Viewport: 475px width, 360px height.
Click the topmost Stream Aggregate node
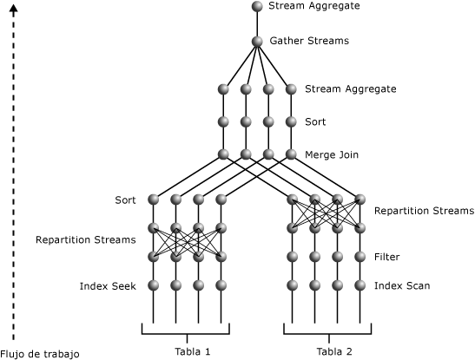pyautogui.click(x=257, y=6)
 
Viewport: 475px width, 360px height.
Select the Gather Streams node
pyautogui.click(x=257, y=42)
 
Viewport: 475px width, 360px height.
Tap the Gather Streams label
pyautogui.click(x=309, y=41)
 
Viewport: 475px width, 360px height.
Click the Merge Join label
pyautogui.click(x=332, y=155)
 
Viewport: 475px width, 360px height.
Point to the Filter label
pyautogui.click(x=386, y=257)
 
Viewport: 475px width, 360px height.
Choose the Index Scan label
pyautogui.click(x=402, y=286)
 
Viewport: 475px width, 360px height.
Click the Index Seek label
pyautogui.click(x=108, y=286)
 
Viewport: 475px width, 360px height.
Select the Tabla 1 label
pyautogui.click(x=193, y=351)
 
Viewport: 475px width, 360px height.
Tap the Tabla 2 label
pyautogui.click(x=334, y=351)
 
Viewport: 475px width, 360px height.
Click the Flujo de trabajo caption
pyautogui.click(x=40, y=354)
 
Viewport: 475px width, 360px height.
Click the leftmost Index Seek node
pyautogui.click(x=154, y=285)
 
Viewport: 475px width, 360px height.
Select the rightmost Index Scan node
pyautogui.click(x=360, y=285)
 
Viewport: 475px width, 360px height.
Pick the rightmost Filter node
pyautogui.click(x=360, y=257)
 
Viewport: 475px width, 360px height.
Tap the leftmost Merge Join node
pyautogui.click(x=223, y=154)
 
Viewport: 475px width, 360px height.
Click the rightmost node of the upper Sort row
pyautogui.click(x=291, y=121)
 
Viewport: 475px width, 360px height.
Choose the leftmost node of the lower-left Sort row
pyautogui.click(x=154, y=200)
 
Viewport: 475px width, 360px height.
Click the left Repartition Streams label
pyautogui.click(x=86, y=240)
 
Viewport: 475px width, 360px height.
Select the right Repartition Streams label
pyautogui.click(x=424, y=211)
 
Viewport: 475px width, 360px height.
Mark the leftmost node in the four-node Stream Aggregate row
pyautogui.click(x=223, y=89)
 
